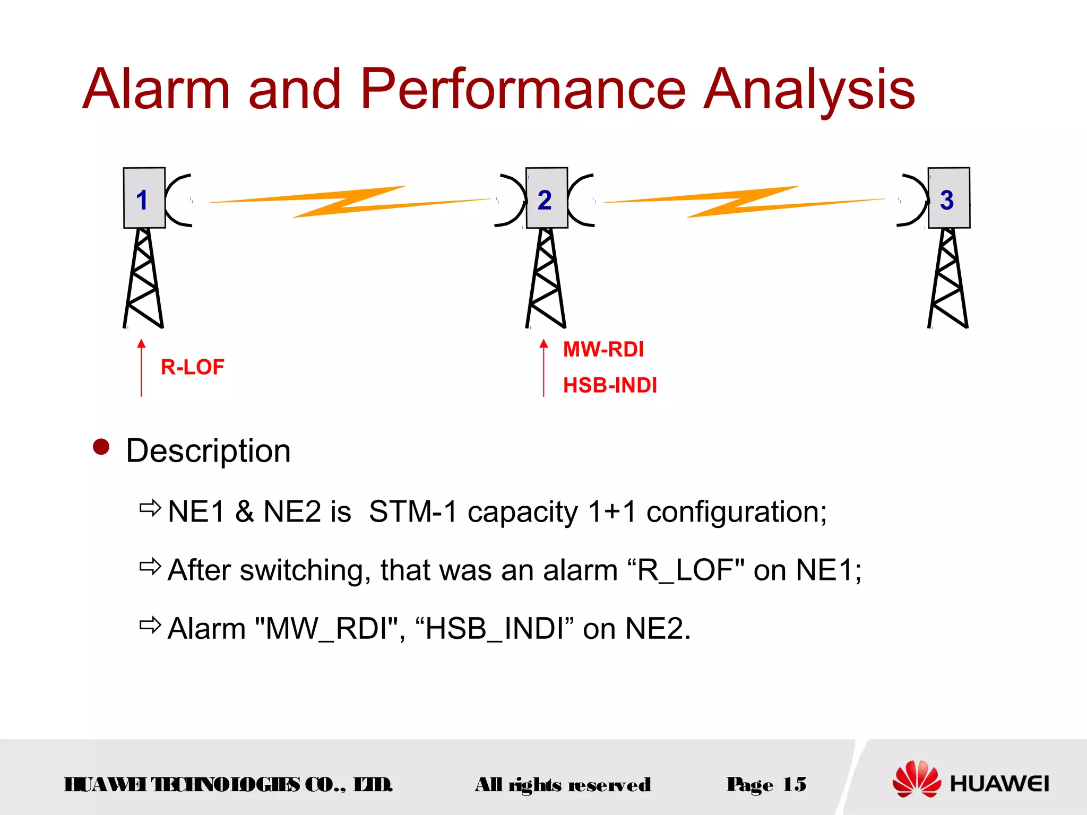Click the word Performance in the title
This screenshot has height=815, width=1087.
[x=523, y=90]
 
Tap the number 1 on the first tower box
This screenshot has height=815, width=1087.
[x=142, y=201]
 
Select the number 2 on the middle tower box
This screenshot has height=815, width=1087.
[x=545, y=201]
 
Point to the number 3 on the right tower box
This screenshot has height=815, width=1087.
[x=947, y=201]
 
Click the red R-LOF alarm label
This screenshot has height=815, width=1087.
[x=192, y=367]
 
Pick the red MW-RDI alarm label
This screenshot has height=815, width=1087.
[x=603, y=350]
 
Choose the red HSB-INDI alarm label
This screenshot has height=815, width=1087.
[x=610, y=385]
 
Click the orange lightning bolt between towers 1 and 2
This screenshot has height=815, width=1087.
[x=350, y=202]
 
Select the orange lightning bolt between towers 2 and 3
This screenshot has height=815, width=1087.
[x=743, y=202]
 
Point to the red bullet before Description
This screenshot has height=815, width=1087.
[x=101, y=447]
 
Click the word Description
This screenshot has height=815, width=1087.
[x=208, y=451]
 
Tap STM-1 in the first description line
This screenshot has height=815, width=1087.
[x=412, y=512]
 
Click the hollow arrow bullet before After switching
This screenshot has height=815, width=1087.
[x=150, y=567]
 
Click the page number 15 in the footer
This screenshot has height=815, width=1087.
[x=794, y=784]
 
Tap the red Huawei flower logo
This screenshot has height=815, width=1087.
[x=917, y=778]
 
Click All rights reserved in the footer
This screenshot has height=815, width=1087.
[x=563, y=785]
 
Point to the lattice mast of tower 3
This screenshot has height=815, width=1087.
[x=948, y=279]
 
